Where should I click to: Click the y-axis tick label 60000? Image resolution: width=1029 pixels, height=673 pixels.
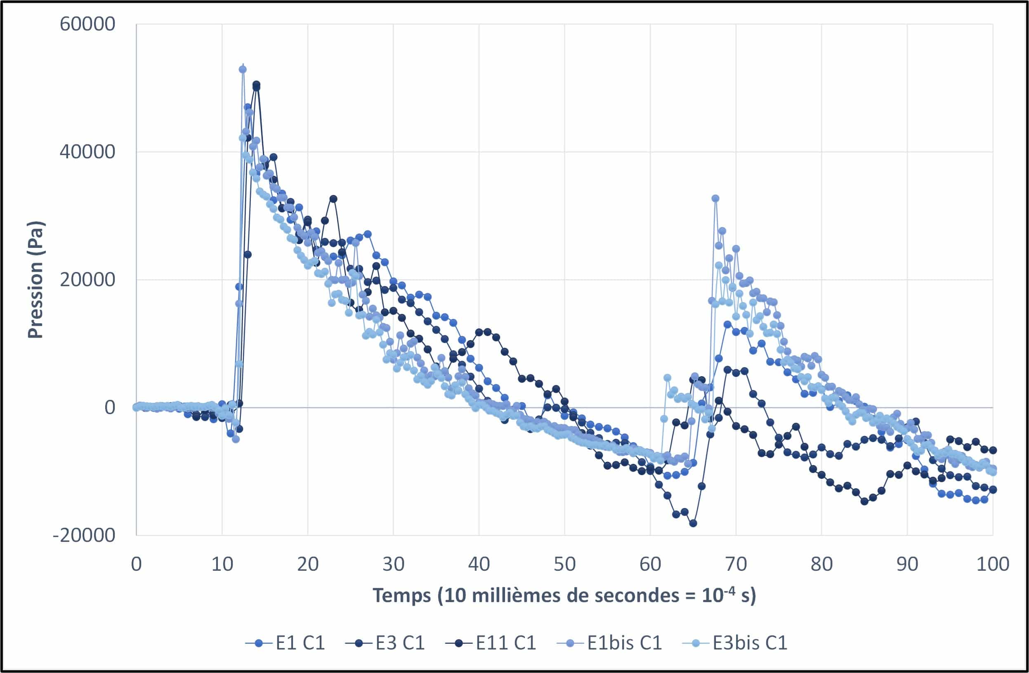point(88,24)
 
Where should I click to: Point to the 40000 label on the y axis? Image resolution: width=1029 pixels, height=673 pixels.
point(88,152)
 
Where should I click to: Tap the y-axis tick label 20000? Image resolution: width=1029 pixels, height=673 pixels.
point(88,280)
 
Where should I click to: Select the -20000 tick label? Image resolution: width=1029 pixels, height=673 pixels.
point(84,536)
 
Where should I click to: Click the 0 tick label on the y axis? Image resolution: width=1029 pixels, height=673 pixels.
point(110,407)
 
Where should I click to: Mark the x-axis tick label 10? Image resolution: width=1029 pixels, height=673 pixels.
point(222,565)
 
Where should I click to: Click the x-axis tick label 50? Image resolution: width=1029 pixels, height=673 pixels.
point(564,565)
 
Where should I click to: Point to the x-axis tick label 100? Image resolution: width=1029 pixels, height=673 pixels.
point(993,565)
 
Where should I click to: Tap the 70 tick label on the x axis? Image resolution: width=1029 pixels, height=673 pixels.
point(735,565)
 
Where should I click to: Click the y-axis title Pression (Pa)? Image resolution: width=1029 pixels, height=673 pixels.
point(35,280)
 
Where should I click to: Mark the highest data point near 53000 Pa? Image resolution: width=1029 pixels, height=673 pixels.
point(243,69)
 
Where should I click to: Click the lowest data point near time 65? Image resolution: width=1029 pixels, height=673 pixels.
point(693,523)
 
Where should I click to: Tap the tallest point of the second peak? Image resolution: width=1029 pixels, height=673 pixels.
point(715,198)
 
